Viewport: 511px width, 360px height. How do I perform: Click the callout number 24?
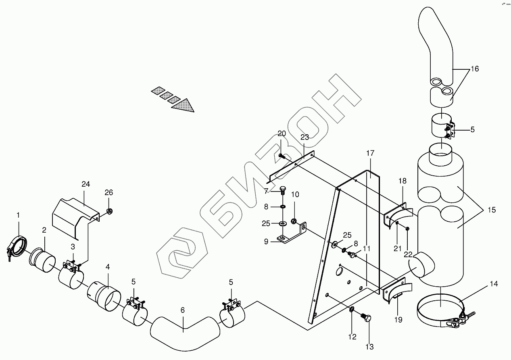click(x=85, y=184)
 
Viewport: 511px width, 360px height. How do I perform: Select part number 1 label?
click(x=18, y=215)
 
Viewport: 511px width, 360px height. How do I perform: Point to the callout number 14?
click(x=494, y=284)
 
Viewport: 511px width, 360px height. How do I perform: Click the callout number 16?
click(x=474, y=69)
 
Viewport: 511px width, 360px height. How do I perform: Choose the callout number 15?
click(x=491, y=210)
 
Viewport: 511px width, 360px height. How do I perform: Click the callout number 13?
click(x=369, y=347)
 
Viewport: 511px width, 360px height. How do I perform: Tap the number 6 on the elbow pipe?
click(x=183, y=310)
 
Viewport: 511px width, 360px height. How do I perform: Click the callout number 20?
click(x=282, y=133)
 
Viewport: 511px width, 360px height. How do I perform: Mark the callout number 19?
click(x=398, y=320)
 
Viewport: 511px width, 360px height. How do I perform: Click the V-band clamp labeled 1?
click(x=17, y=247)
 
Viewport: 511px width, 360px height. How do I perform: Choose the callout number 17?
click(x=370, y=153)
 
